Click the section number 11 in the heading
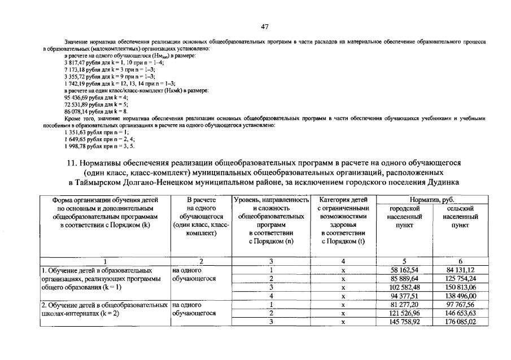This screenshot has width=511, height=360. [x=72, y=163]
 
